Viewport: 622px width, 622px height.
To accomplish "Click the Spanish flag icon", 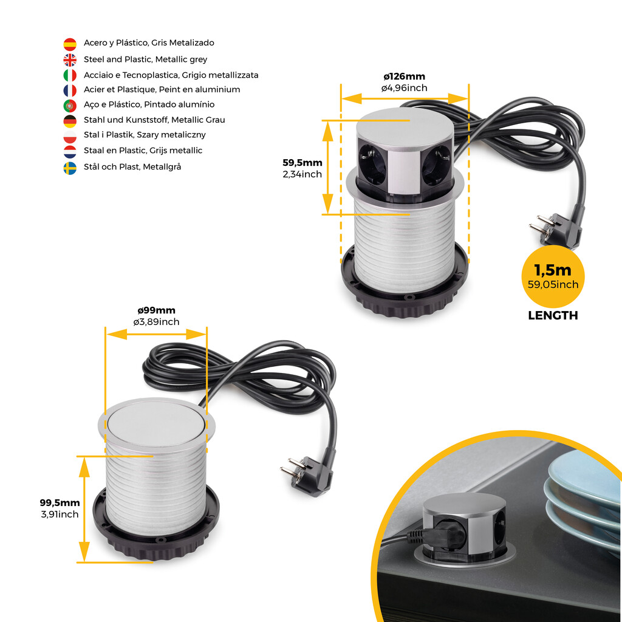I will [x=70, y=44].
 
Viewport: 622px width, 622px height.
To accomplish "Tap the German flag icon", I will [x=70, y=120].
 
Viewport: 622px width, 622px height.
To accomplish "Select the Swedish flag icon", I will [x=70, y=168].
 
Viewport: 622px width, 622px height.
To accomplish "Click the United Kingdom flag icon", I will [x=70, y=60].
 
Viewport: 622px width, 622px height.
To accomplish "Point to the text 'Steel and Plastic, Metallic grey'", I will [x=145, y=60].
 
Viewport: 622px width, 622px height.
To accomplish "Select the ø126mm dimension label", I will [x=404, y=77].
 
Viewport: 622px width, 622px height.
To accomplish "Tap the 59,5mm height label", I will [x=302, y=163].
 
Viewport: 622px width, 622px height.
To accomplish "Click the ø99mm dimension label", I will [x=156, y=311].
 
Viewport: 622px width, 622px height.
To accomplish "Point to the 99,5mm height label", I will [x=60, y=502].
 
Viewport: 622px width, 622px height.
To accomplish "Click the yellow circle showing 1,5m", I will [x=553, y=277].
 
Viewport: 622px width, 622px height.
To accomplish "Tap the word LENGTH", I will [x=553, y=316].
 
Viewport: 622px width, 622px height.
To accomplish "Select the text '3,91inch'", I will [x=60, y=514].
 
